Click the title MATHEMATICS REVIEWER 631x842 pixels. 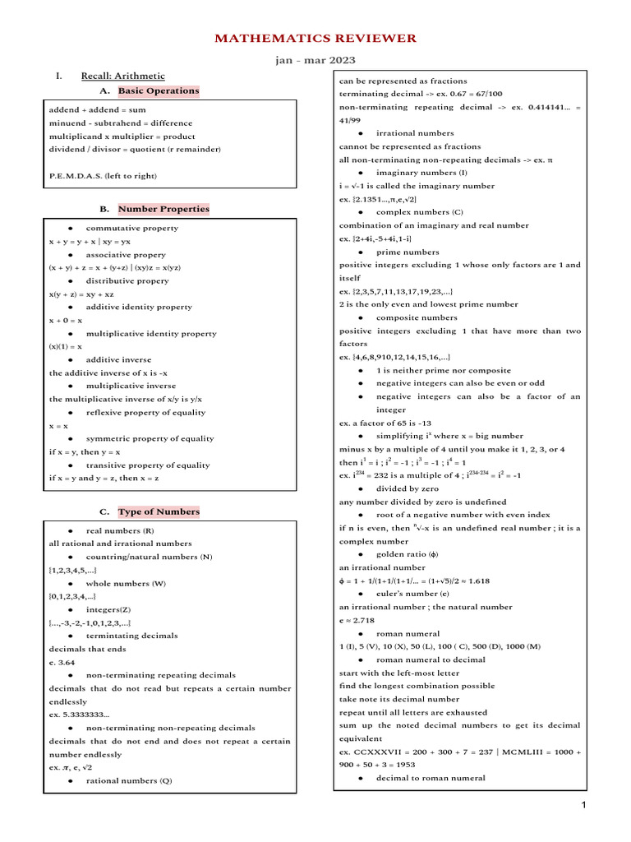315,38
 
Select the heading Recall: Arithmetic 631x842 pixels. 122,76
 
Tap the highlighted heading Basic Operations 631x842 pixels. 159,90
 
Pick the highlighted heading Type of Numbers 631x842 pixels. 159,511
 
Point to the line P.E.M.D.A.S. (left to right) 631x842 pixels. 103,175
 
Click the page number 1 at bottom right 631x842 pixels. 583,806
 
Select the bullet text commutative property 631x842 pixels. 131,228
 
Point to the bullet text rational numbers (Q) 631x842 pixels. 129,780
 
